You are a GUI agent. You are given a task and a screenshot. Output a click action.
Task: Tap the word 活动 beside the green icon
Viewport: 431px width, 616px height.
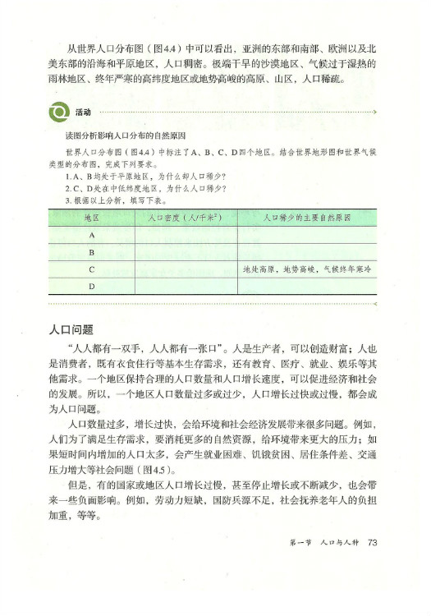tap(82, 111)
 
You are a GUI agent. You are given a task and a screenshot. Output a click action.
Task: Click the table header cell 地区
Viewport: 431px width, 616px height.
tap(92, 218)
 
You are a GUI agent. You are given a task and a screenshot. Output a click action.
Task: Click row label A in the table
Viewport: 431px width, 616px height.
tap(92, 236)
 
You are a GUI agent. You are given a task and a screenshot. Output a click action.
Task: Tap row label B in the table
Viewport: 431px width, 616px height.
tap(92, 252)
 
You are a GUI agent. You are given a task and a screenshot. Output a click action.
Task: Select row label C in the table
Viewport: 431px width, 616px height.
tap(92, 269)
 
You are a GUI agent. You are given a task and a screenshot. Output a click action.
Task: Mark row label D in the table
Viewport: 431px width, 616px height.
tap(92, 286)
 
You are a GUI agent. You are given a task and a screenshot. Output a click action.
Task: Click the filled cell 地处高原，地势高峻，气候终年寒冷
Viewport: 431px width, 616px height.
tap(307, 269)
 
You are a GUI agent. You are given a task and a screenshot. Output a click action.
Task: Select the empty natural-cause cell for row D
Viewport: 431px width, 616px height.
tap(307, 286)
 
